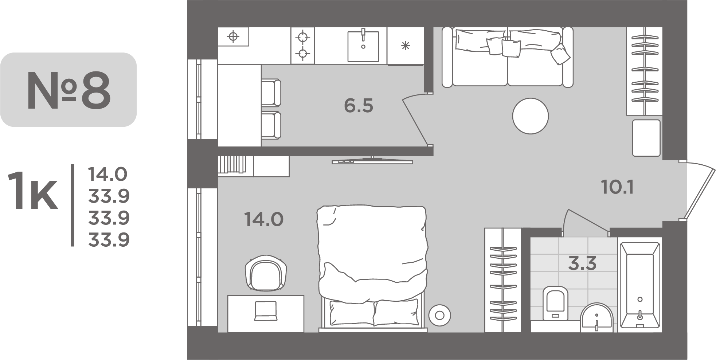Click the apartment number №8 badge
pyautogui.click(x=68, y=90)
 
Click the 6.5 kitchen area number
pyautogui.click(x=359, y=106)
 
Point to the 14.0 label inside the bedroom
pyautogui.click(x=264, y=220)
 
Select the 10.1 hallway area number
pyautogui.click(x=617, y=188)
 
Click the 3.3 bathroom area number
pyautogui.click(x=582, y=263)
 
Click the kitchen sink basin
pyautogui.click(x=363, y=46)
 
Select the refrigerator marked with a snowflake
pyautogui.click(x=405, y=46)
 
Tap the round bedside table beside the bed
pyautogui.click(x=440, y=315)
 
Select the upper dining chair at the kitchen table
pyautogui.click(x=271, y=93)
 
